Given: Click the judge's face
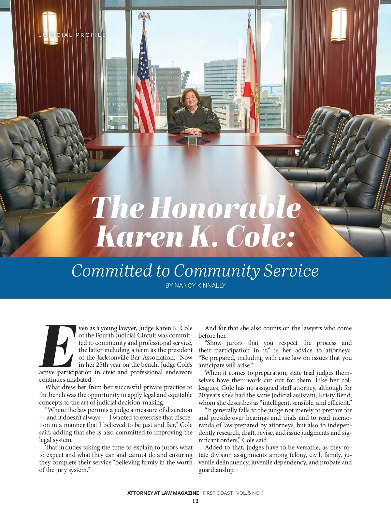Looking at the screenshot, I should point(190,99).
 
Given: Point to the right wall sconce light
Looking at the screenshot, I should point(339,25).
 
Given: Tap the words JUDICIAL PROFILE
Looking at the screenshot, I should point(72,35).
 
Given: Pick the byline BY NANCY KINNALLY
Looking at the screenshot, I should point(195,286).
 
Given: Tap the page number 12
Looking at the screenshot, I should point(195,501).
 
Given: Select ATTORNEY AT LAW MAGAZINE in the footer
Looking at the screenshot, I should point(163,493).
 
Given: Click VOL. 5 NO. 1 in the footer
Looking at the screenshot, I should point(250,493).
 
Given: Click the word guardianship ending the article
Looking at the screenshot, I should point(216,470).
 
